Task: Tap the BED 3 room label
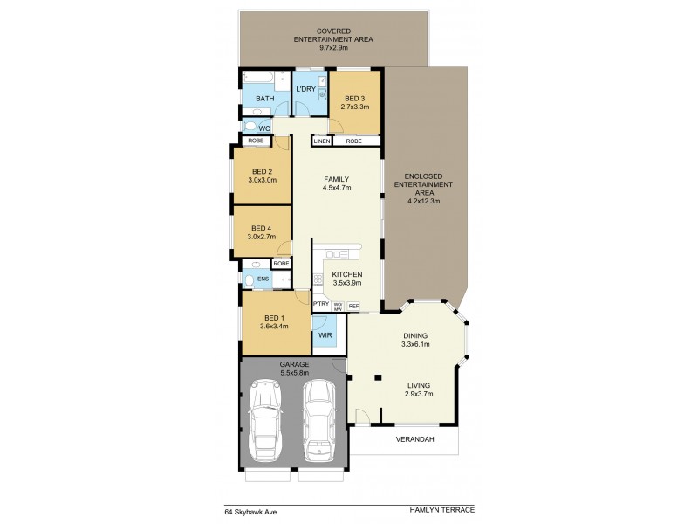tap(354, 99)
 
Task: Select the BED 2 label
tap(263, 171)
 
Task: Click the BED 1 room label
tap(274, 318)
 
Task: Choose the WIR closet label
tap(325, 334)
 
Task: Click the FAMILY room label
tap(336, 178)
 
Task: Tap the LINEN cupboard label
tap(321, 141)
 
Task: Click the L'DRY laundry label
tap(305, 89)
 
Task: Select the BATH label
tap(265, 99)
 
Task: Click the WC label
tap(263, 128)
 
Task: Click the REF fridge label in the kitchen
tap(353, 306)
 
